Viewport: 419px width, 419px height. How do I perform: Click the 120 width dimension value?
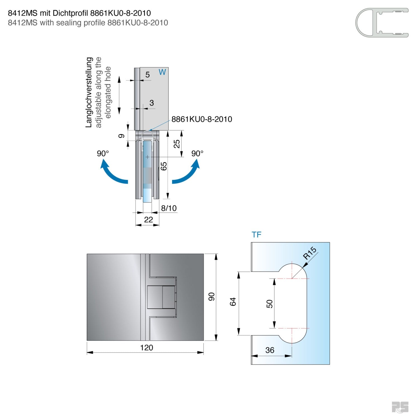click(x=146, y=347)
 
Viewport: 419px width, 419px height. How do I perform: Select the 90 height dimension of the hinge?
click(x=211, y=297)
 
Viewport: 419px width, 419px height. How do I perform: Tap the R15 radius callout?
click(x=310, y=253)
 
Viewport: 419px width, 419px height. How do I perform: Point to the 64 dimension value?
click(x=233, y=302)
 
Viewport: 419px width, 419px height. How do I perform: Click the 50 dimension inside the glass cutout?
click(x=269, y=304)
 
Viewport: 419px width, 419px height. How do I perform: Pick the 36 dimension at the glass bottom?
click(x=270, y=350)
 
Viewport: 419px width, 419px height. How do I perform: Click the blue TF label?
click(x=256, y=235)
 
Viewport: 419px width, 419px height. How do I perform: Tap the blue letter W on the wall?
click(x=162, y=72)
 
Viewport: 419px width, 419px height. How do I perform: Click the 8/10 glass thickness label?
click(x=169, y=208)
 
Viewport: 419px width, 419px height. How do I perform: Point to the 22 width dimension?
click(x=148, y=220)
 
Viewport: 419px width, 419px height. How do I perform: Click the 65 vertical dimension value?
click(x=164, y=166)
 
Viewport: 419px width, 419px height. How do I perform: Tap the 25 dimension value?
click(x=177, y=144)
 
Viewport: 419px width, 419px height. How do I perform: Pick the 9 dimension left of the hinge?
click(x=121, y=136)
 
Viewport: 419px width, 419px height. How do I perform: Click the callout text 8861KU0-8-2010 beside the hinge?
click(x=202, y=119)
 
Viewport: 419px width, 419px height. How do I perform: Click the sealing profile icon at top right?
click(x=382, y=23)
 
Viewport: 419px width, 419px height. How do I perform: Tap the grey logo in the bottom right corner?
click(x=400, y=407)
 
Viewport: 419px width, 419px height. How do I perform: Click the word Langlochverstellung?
click(x=89, y=92)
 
